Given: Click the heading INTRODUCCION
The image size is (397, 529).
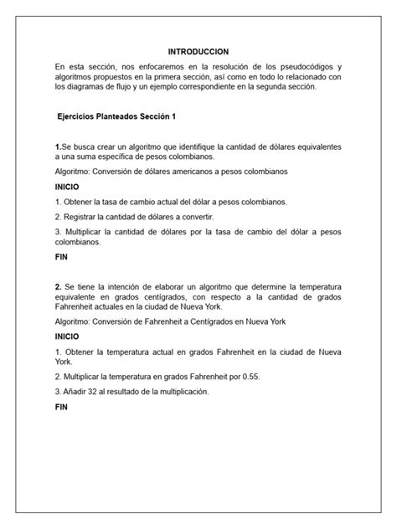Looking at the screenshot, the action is click(x=198, y=52).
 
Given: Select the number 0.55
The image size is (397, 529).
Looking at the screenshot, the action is click(x=250, y=376).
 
